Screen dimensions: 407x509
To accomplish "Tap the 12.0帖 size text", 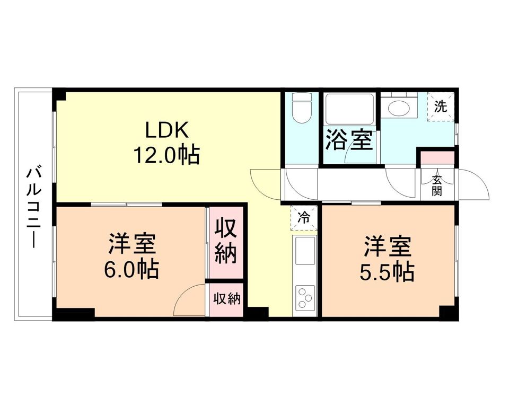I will coord(166,155).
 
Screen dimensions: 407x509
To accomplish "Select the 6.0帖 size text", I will coord(131,270).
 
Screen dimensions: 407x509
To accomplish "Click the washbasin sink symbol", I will coord(398,108).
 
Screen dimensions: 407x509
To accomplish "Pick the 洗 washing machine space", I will coord(441,106).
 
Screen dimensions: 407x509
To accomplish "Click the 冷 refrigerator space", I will coord(304,217).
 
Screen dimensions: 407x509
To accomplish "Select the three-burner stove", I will coord(305,297).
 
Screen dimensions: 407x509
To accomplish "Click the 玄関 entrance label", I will coord(437,185).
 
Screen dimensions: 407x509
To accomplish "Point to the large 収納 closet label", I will coord(225,242).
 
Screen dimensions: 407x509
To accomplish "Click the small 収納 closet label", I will coord(226,299).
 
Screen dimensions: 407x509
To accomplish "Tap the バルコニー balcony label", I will coord(34,207).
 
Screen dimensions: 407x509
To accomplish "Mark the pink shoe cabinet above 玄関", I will coord(437,158).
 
